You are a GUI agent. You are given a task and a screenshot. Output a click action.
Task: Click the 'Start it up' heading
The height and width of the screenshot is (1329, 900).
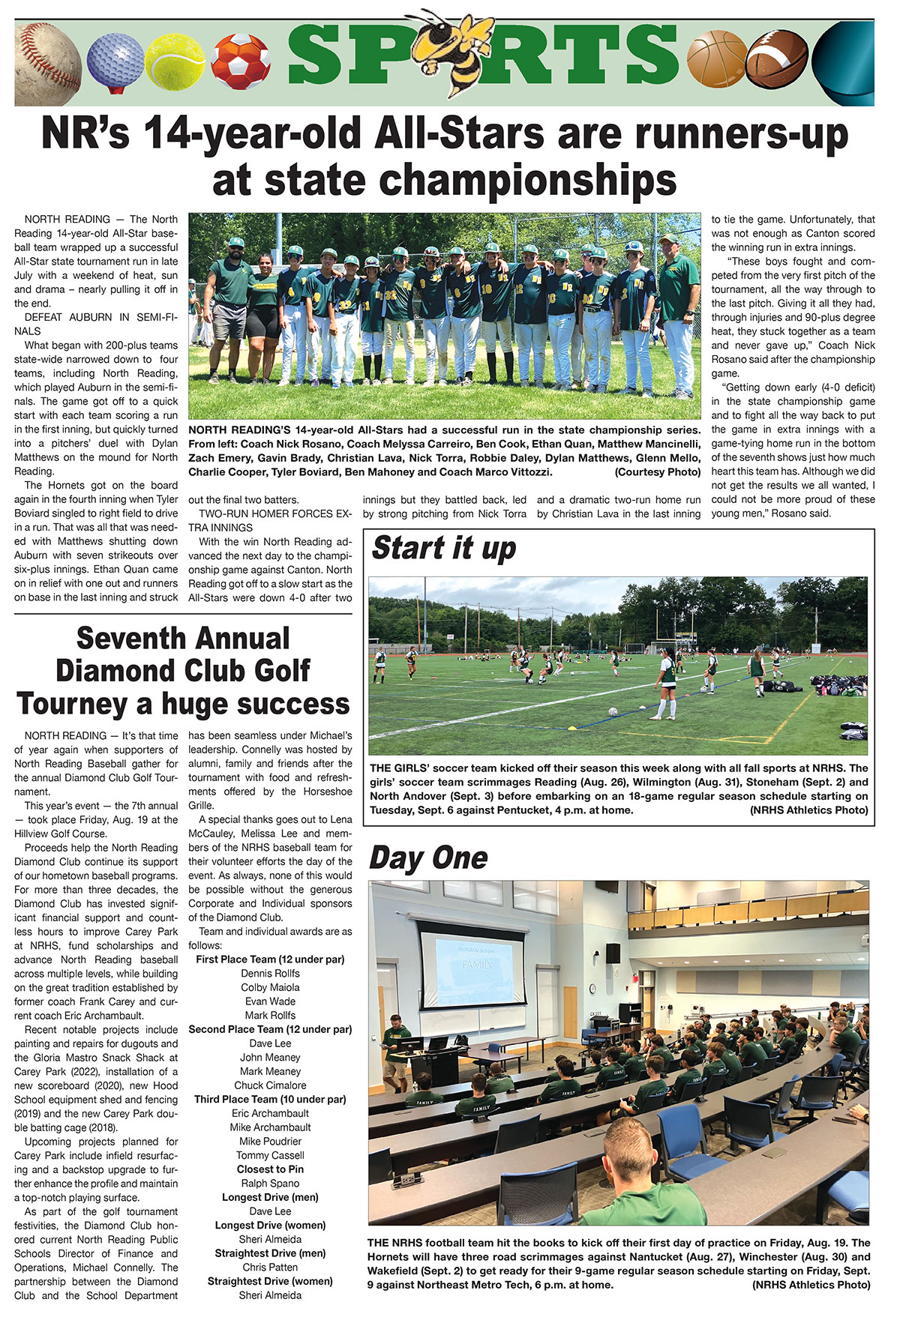[444, 548]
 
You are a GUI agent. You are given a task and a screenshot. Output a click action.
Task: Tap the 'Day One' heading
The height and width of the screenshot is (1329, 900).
[428, 858]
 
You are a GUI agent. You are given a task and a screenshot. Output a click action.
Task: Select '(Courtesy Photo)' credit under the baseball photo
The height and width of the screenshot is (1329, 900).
[657, 472]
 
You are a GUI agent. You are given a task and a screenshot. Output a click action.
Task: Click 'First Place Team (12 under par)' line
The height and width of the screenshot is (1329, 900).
[270, 959]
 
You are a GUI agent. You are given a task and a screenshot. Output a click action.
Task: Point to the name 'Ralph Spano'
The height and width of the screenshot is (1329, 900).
[270, 1184]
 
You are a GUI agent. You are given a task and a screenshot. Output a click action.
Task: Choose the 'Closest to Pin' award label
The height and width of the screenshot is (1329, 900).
[270, 1169]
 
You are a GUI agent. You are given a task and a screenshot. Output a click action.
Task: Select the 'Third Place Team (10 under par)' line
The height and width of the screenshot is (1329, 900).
[270, 1100]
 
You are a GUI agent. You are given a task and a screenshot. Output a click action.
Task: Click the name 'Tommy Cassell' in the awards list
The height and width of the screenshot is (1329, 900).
[270, 1156]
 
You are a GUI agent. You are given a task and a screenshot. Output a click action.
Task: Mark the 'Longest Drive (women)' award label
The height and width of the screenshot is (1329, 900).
[270, 1226]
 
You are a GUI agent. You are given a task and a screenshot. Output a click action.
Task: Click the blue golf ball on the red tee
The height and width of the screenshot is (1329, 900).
[114, 58]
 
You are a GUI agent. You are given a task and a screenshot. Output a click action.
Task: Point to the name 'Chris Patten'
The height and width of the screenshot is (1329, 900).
[270, 1268]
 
